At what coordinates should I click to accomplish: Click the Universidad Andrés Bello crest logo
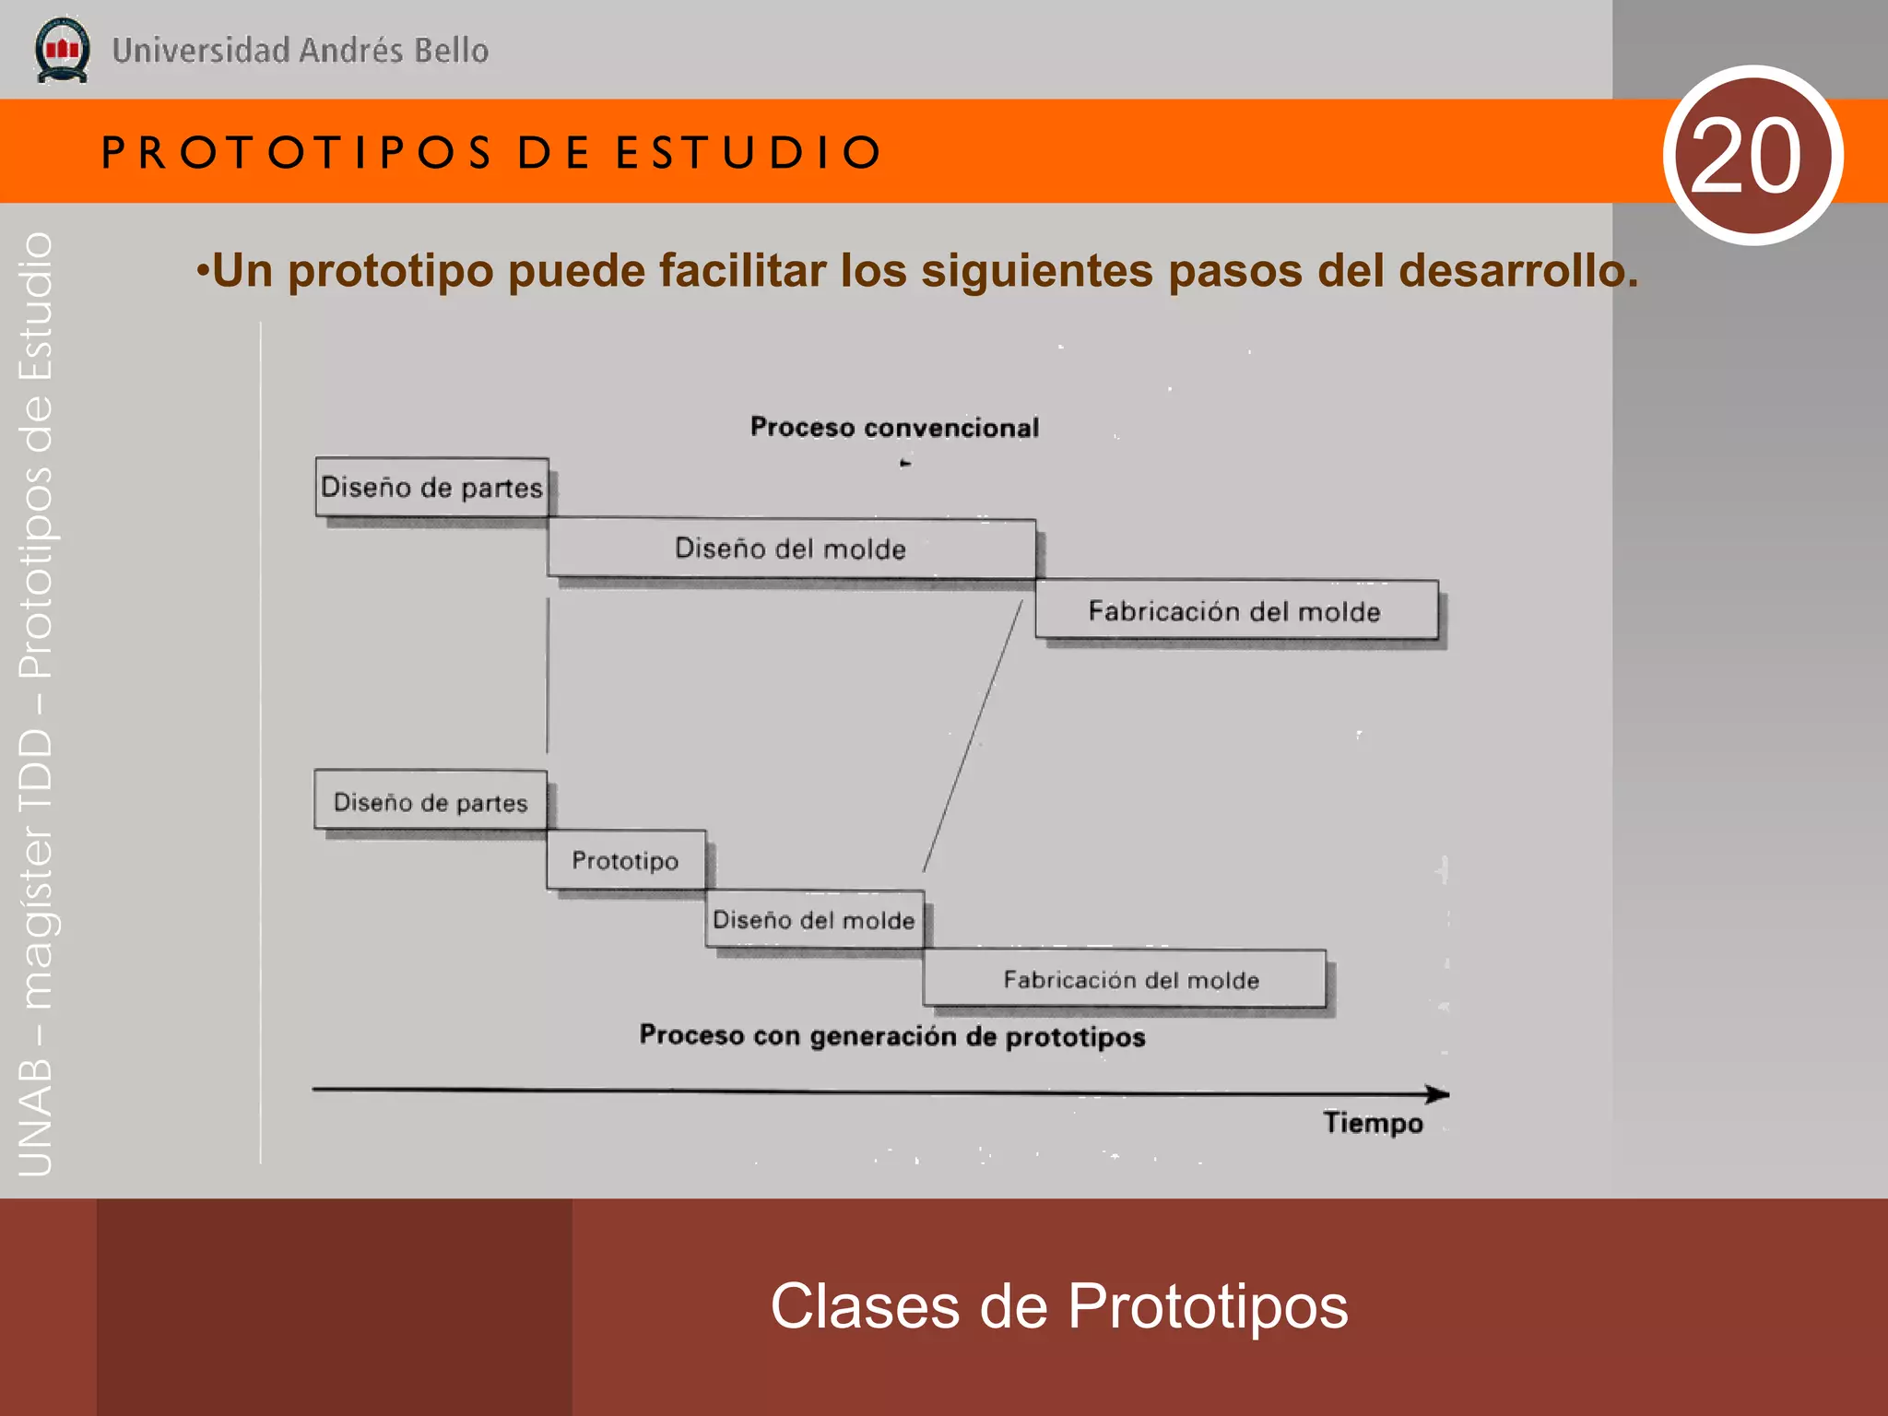coord(62,51)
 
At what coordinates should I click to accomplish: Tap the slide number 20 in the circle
coord(1752,155)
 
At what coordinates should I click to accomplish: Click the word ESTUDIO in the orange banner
coord(749,152)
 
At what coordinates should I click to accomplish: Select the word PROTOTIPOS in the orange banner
coord(297,152)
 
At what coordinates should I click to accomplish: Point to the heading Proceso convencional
coord(894,428)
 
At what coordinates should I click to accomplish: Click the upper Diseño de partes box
coord(431,487)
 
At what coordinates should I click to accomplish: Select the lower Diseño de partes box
coord(431,801)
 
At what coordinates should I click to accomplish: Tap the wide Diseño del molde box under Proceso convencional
coord(791,549)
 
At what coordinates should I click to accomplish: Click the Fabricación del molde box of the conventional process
coord(1235,610)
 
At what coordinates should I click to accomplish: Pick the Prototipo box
coord(626,860)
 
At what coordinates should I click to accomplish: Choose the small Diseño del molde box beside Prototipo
coord(814,919)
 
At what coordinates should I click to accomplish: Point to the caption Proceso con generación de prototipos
coord(892,1036)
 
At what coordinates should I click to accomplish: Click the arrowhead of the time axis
coord(1438,1094)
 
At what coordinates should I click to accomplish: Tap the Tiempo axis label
coord(1373,1123)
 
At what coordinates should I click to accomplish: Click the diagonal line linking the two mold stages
coord(973,736)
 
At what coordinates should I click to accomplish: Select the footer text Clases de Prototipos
coord(1058,1306)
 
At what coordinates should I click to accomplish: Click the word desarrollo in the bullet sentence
coord(1517,271)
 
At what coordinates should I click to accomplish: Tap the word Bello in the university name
coord(451,51)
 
